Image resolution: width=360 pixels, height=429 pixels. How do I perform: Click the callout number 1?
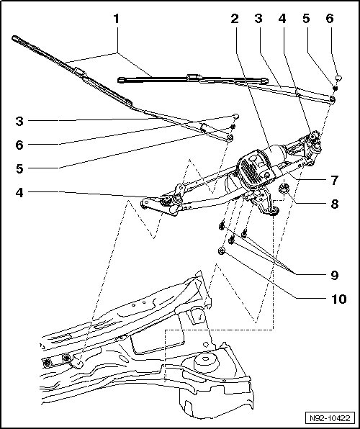pyautogui.click(x=117, y=19)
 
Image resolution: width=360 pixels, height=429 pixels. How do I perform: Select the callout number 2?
pyautogui.click(x=235, y=19)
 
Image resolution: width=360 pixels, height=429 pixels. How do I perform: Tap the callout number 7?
pyautogui.click(x=334, y=181)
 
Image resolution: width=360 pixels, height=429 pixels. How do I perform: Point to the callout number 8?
pyautogui.click(x=334, y=204)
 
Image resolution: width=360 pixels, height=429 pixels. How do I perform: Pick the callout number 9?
pyautogui.click(x=334, y=275)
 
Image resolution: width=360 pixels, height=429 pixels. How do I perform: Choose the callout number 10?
pyautogui.click(x=339, y=299)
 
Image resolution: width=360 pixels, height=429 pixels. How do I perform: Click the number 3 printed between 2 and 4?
pyautogui.click(x=258, y=19)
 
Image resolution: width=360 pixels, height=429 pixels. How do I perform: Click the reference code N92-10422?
pyautogui.click(x=330, y=418)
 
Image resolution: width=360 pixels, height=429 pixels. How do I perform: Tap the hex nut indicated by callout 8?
pyautogui.click(x=283, y=189)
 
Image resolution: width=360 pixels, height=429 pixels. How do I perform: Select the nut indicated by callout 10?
pyautogui.click(x=222, y=250)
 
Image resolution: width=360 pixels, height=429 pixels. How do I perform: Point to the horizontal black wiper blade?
pyautogui.click(x=193, y=80)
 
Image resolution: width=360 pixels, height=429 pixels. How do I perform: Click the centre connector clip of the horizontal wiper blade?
pyautogui.click(x=194, y=78)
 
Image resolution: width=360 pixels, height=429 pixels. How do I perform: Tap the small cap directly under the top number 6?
pyautogui.click(x=338, y=78)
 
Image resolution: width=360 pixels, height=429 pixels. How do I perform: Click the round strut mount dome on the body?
pyautogui.click(x=207, y=363)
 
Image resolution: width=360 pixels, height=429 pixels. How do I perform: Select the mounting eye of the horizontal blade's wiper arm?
pyautogui.click(x=332, y=99)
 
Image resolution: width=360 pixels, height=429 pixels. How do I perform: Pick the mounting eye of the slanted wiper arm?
pyautogui.click(x=230, y=137)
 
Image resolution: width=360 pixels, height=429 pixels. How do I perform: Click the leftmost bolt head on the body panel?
pyautogui.click(x=48, y=363)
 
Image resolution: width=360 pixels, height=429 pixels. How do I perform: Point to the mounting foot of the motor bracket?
pyautogui.click(x=272, y=210)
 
